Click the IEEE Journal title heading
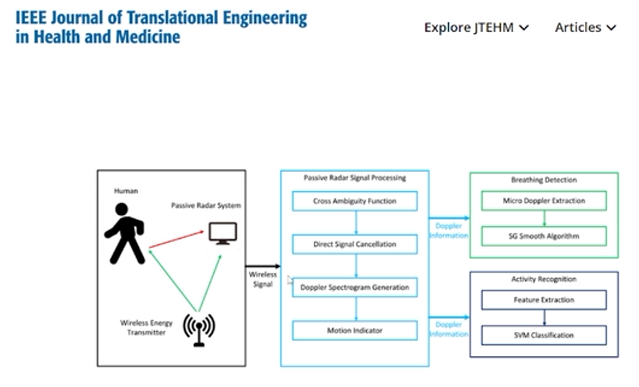click(161, 27)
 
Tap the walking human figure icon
click(125, 233)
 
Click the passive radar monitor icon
click(222, 233)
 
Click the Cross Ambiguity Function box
click(354, 202)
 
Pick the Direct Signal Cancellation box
click(354, 244)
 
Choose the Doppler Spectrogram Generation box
click(354, 287)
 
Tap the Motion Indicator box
click(354, 331)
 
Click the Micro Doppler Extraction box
click(544, 201)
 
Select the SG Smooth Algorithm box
click(544, 236)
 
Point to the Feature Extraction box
click(544, 300)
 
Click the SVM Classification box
click(544, 336)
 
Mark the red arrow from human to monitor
click(176, 240)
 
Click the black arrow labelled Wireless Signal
click(263, 266)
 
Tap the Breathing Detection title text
click(544, 180)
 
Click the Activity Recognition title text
click(544, 279)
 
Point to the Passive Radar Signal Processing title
click(354, 178)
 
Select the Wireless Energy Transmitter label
click(146, 328)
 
